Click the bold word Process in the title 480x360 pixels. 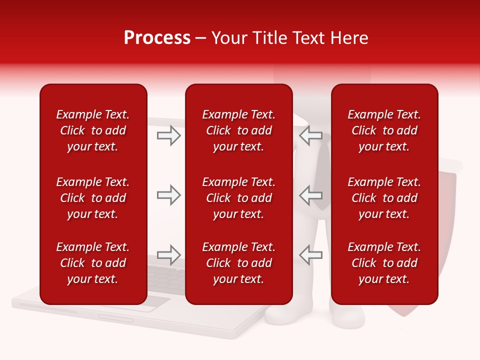[x=157, y=38]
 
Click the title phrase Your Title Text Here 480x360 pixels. [x=290, y=38]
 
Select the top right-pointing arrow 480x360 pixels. [x=169, y=135]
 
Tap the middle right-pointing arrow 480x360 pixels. [x=169, y=195]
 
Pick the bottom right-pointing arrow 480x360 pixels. [x=169, y=255]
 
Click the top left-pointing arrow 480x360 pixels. [x=311, y=135]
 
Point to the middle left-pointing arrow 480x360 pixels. [x=311, y=195]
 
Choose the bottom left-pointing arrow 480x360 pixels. [x=311, y=255]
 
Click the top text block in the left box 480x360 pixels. [x=93, y=130]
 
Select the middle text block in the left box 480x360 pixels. [x=93, y=198]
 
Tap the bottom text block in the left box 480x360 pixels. [x=93, y=263]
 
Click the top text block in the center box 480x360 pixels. [x=238, y=130]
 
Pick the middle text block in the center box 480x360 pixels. [x=238, y=198]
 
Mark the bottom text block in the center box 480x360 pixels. [x=238, y=263]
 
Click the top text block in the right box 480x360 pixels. [x=384, y=130]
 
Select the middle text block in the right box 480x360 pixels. [x=384, y=198]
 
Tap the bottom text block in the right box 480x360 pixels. [x=384, y=263]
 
